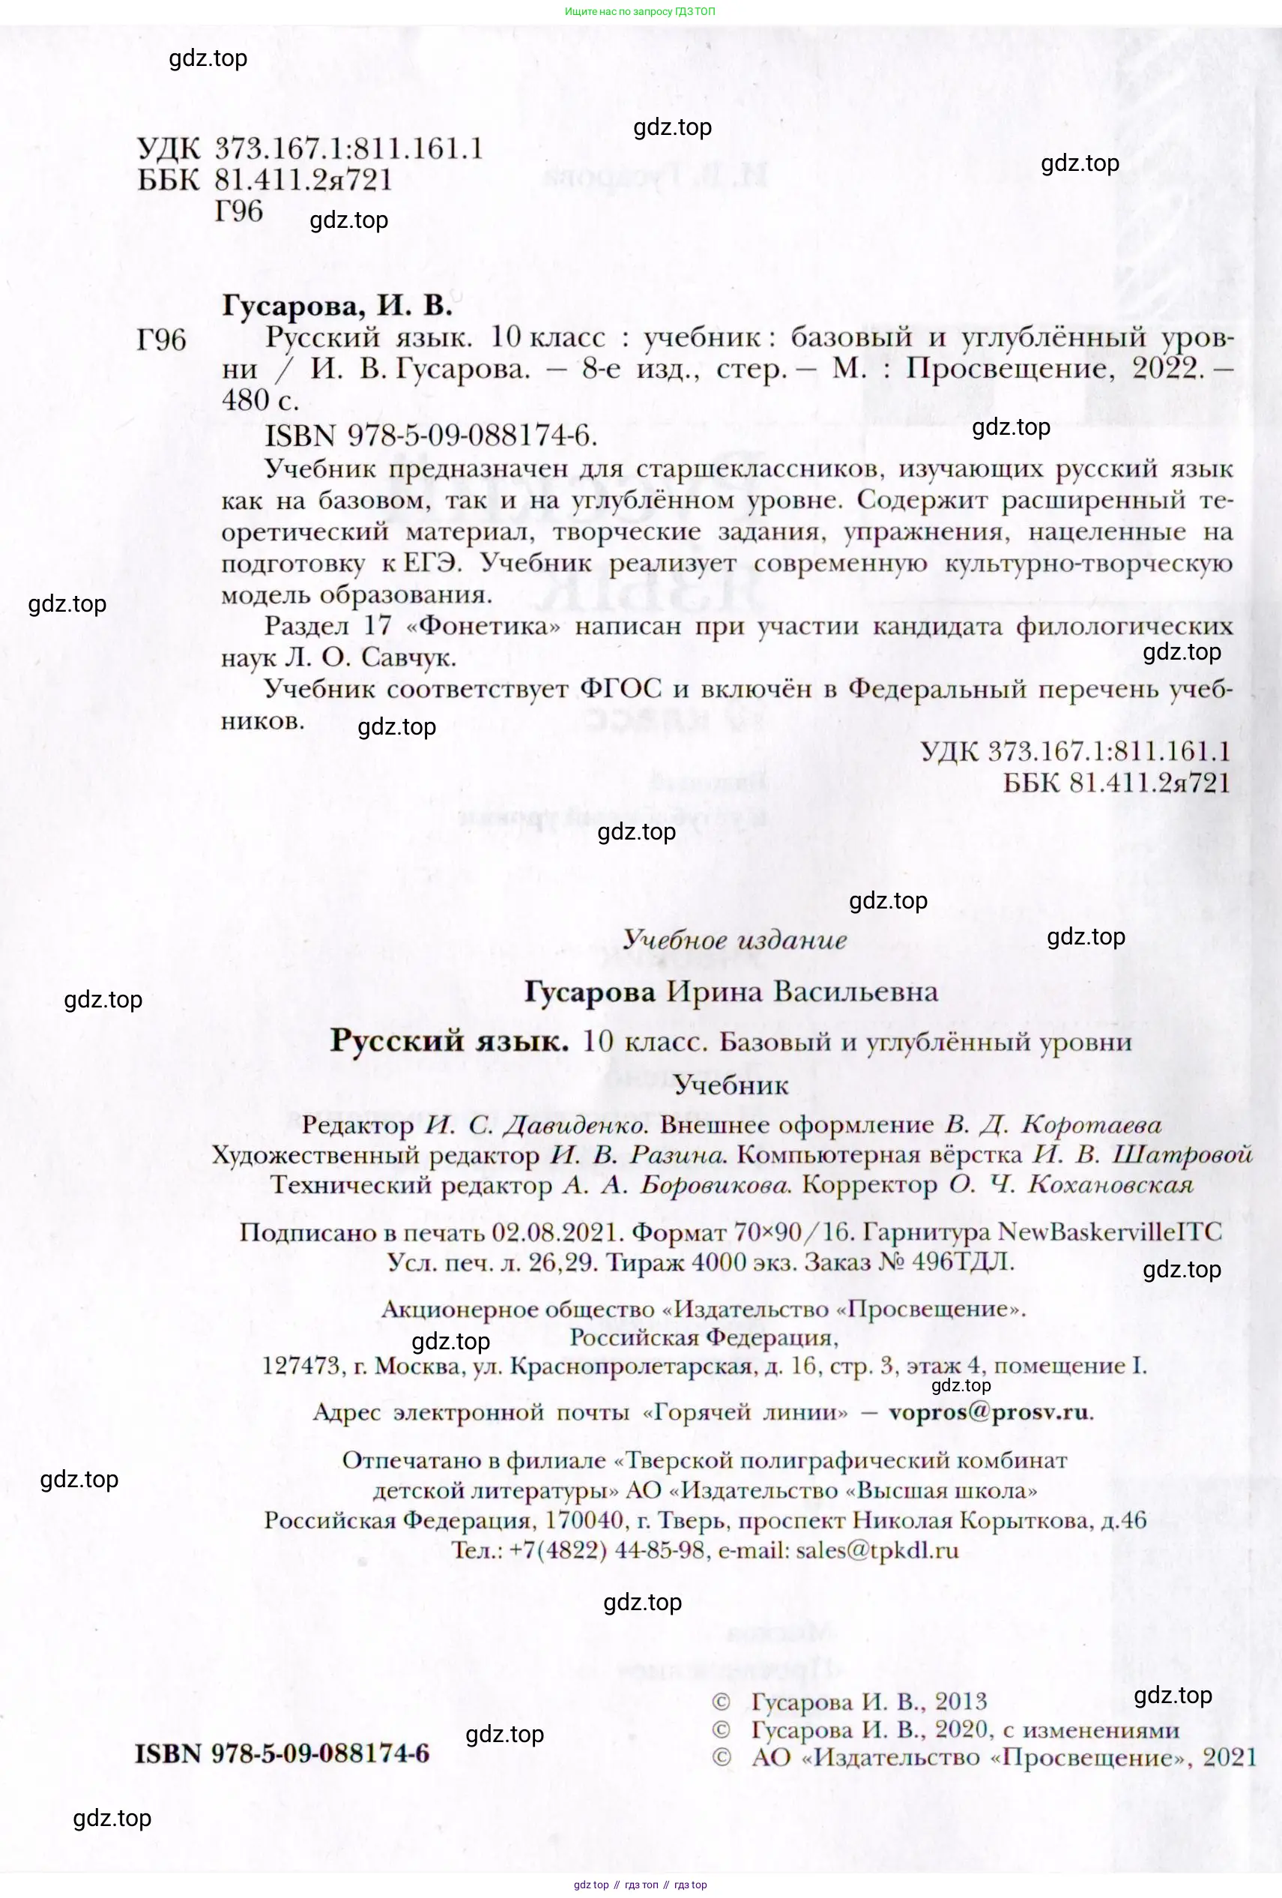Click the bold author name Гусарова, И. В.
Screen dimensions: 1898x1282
[x=336, y=305]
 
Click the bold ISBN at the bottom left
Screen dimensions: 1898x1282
[x=282, y=1753]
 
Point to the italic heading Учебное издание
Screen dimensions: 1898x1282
[x=734, y=939]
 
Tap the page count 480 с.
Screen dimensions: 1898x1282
[x=260, y=400]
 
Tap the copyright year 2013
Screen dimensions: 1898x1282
[x=961, y=1700]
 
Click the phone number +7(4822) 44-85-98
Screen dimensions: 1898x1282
[x=608, y=1549]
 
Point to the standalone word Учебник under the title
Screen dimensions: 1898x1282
[x=731, y=1085]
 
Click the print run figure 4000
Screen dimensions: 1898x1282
[x=719, y=1262]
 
